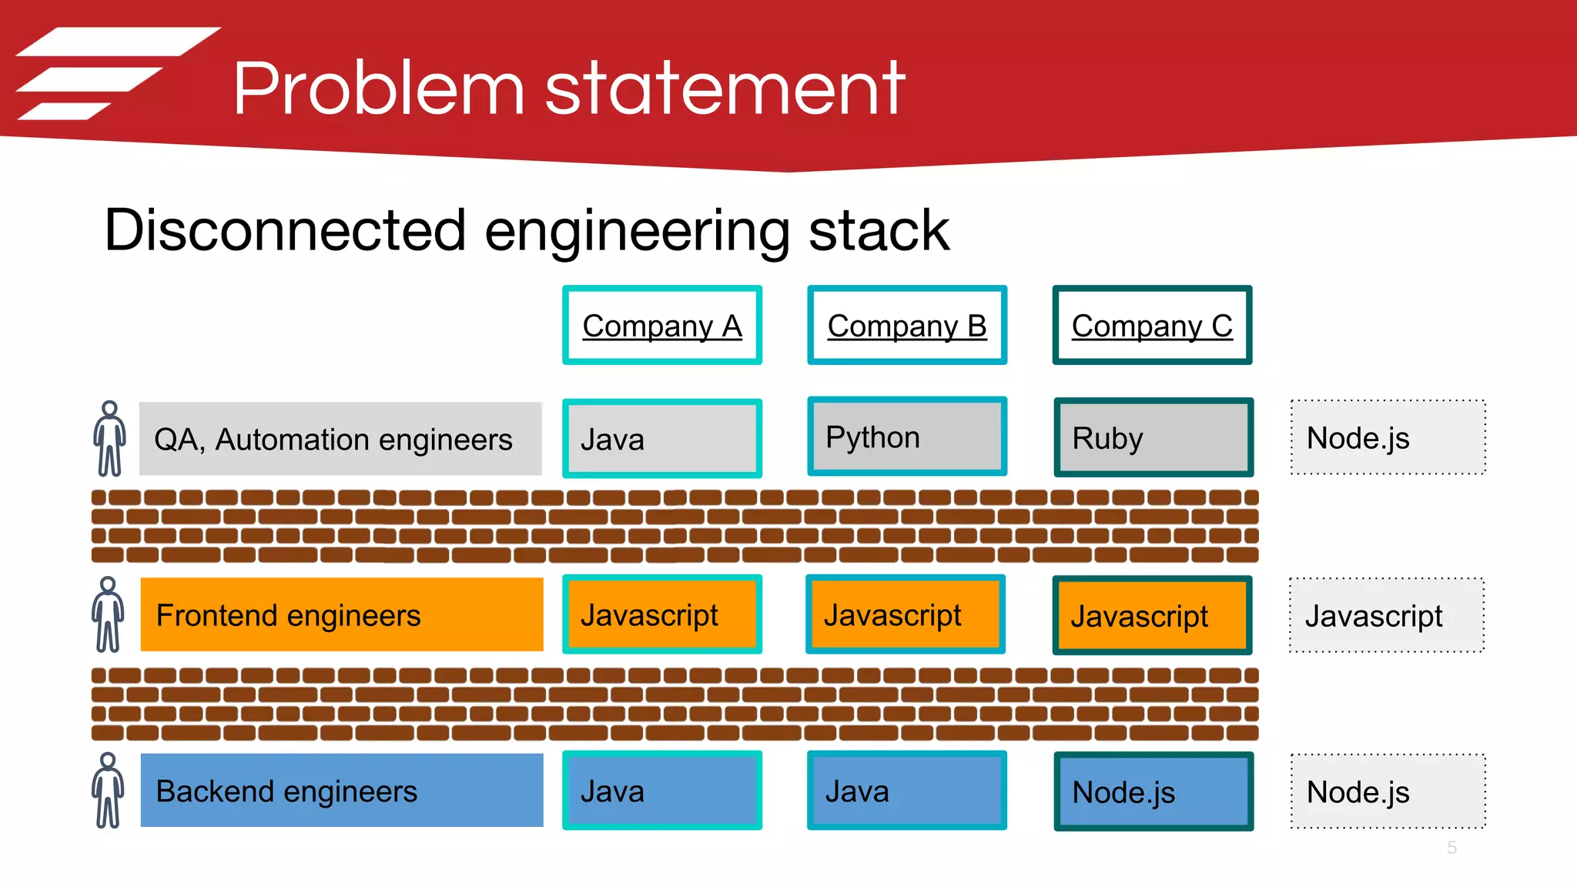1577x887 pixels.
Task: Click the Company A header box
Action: pyautogui.click(x=661, y=325)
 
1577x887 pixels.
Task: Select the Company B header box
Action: pyautogui.click(x=906, y=325)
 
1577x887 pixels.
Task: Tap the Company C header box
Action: pyautogui.click(x=1152, y=325)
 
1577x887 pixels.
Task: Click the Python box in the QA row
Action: pyautogui.click(x=906, y=437)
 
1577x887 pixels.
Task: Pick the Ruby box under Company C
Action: pyautogui.click(x=1153, y=437)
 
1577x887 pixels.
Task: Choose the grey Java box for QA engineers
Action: pyautogui.click(x=661, y=438)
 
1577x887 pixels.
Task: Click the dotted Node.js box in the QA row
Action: pyautogui.click(x=1388, y=437)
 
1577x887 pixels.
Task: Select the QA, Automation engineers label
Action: pyautogui.click(x=340, y=439)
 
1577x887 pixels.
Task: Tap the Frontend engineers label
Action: pyautogui.click(x=341, y=614)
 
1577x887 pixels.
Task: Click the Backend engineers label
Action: pyautogui.click(x=341, y=791)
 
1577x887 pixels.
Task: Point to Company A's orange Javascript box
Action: pyautogui.click(x=661, y=614)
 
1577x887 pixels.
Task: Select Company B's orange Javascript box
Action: pyautogui.click(x=905, y=614)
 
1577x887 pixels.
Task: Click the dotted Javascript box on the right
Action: pyautogui.click(x=1386, y=615)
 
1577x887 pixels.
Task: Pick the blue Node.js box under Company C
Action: pyautogui.click(x=1153, y=792)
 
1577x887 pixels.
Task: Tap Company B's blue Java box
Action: pyautogui.click(x=906, y=791)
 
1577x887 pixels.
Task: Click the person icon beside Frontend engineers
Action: pyautogui.click(x=108, y=614)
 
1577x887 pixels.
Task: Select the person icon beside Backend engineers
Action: pyautogui.click(x=108, y=791)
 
